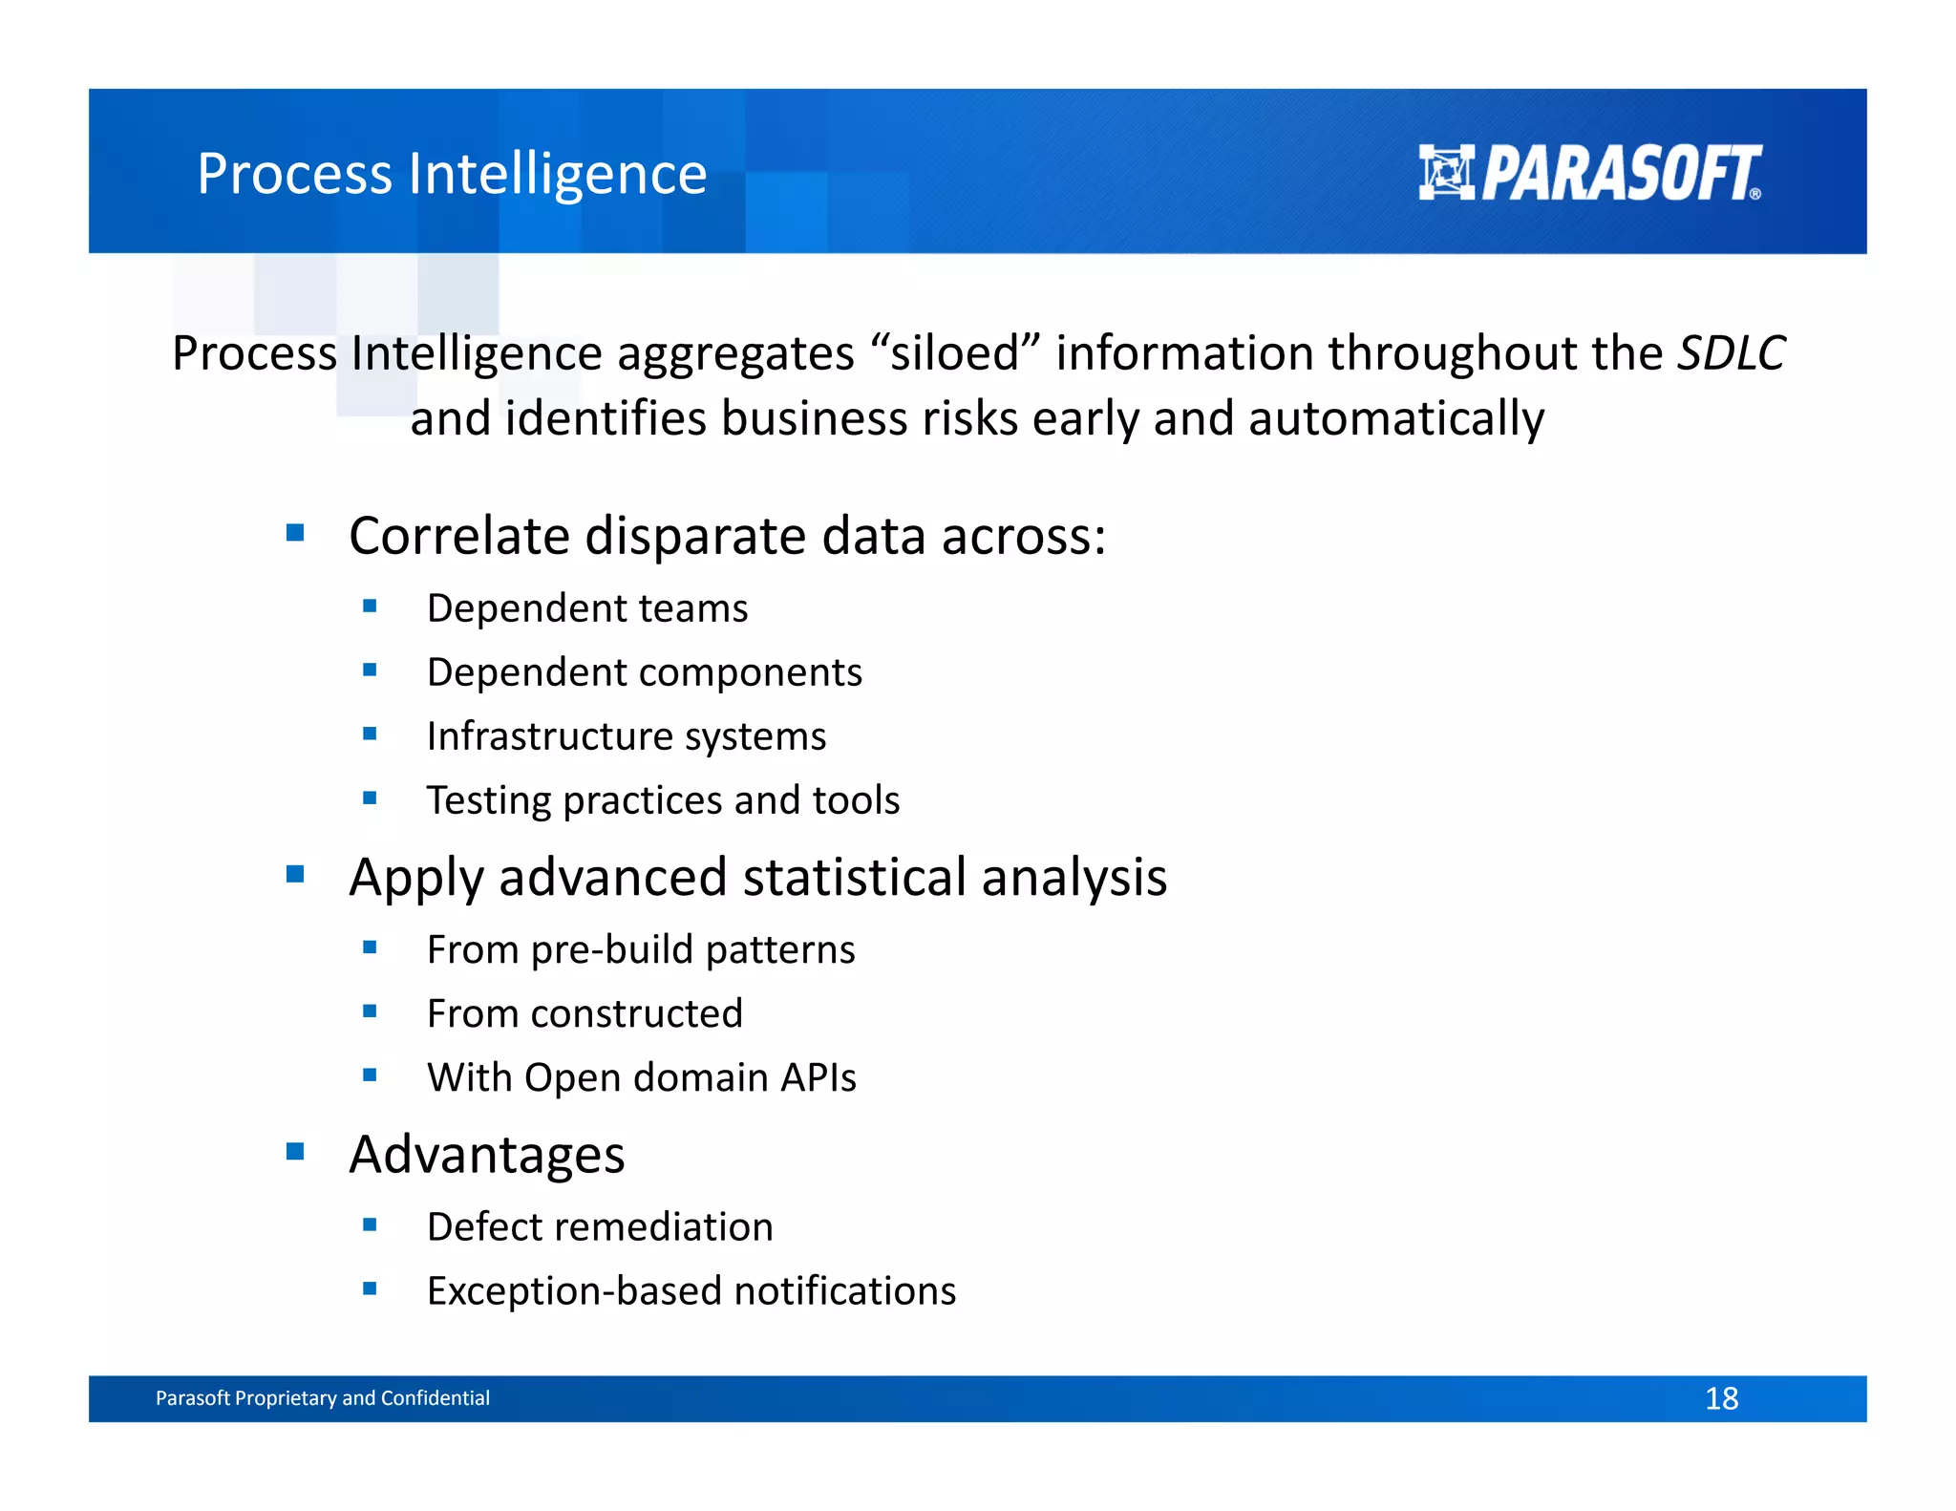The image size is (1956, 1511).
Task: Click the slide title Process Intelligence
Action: point(451,174)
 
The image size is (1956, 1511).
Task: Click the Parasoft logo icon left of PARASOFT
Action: point(1446,173)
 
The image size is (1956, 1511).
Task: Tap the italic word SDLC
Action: point(1731,353)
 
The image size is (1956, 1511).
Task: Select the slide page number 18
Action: point(1721,1398)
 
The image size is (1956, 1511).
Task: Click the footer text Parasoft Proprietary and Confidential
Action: point(322,1398)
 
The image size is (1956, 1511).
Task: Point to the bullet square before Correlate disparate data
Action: point(295,533)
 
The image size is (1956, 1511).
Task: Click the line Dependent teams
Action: point(586,608)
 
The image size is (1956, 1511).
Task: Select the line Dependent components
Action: point(644,672)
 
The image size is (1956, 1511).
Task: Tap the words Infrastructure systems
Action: point(626,736)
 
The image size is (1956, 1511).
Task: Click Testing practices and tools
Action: point(663,800)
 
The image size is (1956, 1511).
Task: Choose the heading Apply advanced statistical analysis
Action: point(757,877)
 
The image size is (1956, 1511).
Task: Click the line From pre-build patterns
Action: point(640,949)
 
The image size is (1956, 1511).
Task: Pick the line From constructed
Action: point(584,1013)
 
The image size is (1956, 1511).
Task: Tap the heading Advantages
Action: point(486,1155)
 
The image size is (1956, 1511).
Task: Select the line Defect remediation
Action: point(599,1227)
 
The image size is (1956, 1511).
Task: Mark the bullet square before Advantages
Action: point(295,1151)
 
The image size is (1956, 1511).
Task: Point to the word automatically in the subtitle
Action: point(1395,419)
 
